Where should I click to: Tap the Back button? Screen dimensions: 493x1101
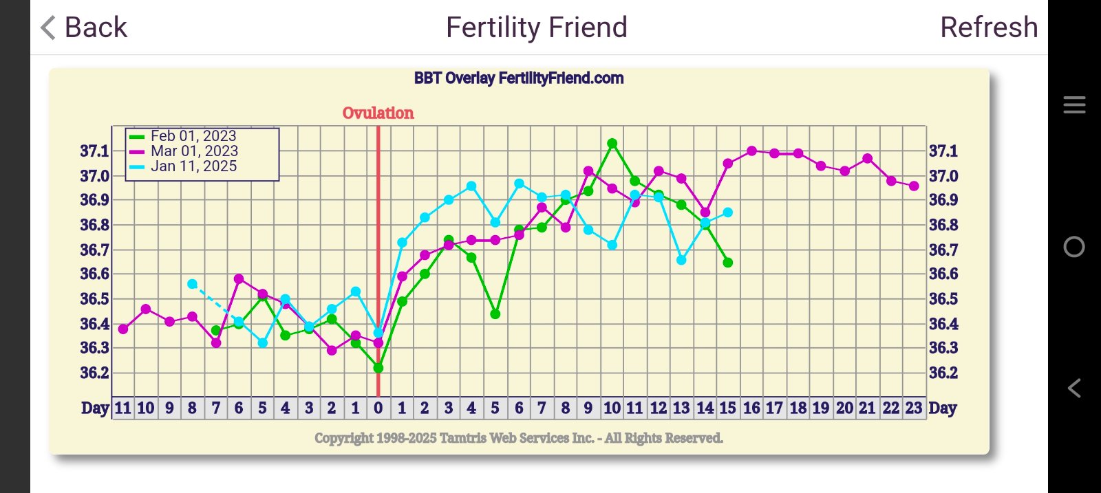tap(84, 28)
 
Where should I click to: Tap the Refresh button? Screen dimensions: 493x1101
tap(988, 28)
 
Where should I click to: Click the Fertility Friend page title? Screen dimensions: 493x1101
tap(536, 28)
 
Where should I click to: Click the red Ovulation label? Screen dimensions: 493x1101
tap(378, 113)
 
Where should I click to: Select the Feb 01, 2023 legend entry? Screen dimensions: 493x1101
tap(193, 136)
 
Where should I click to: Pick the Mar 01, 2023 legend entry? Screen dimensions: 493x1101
tap(193, 151)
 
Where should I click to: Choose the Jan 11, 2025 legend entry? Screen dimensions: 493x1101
tap(193, 166)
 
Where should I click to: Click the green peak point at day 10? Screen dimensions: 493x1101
tap(612, 144)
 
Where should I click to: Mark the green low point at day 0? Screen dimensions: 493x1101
tap(378, 368)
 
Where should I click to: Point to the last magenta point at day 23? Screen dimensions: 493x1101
tap(914, 186)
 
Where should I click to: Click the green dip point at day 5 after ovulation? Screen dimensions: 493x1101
tap(495, 314)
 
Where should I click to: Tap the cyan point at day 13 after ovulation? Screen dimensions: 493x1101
tap(681, 260)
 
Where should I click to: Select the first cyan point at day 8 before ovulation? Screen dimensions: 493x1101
tap(193, 284)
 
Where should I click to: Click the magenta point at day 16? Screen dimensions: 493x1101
tap(751, 151)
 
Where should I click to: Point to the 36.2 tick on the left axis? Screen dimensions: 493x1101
tap(95, 373)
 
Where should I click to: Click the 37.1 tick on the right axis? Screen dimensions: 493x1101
tap(943, 151)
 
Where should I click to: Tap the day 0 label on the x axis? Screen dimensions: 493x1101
tap(378, 408)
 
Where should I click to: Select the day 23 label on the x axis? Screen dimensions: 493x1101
tap(913, 408)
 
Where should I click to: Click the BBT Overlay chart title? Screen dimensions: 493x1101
tap(519, 78)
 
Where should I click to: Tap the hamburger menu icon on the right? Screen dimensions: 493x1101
tap(1074, 105)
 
